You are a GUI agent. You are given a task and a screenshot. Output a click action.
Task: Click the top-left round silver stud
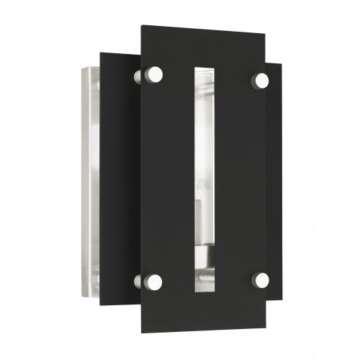tap(155, 73)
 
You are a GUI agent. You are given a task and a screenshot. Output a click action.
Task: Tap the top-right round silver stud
tap(260, 79)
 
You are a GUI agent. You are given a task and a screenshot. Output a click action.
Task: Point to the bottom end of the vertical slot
tap(203, 293)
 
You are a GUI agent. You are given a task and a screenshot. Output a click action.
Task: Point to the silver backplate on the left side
tap(91, 180)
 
